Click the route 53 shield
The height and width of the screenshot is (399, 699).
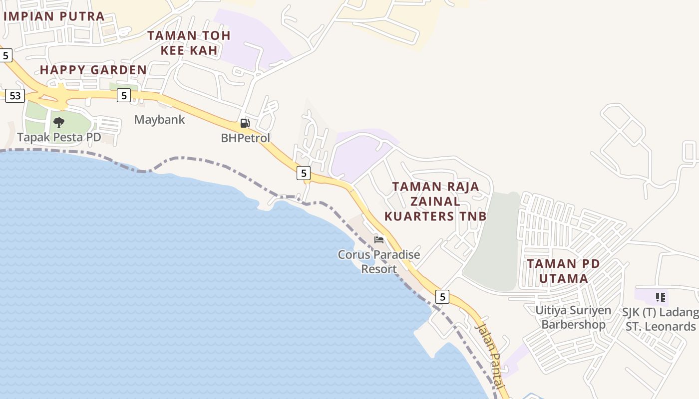[15, 95]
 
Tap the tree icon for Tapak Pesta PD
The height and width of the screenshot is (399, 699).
[59, 122]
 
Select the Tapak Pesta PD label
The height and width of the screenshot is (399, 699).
[59, 137]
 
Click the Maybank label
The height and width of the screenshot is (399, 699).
[159, 120]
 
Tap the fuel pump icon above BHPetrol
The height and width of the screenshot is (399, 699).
[245, 123]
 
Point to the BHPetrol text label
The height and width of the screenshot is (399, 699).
[245, 138]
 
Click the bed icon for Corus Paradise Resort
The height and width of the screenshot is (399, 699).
[379, 240]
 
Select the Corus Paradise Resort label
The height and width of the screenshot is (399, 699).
[379, 262]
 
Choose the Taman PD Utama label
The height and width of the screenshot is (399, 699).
[564, 271]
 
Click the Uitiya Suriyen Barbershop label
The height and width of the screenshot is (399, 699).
[573, 317]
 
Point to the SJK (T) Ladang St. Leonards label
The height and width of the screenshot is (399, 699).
[660, 319]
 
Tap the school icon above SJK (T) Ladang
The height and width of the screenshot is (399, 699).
[661, 297]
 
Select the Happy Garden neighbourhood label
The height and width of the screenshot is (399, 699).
[93, 70]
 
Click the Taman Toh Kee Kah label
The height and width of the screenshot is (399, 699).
[189, 43]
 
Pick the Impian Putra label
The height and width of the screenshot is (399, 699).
[54, 16]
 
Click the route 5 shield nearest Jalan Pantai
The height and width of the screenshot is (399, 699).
[442, 297]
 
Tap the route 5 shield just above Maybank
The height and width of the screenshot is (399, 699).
[124, 95]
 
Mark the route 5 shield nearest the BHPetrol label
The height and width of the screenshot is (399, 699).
[303, 173]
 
